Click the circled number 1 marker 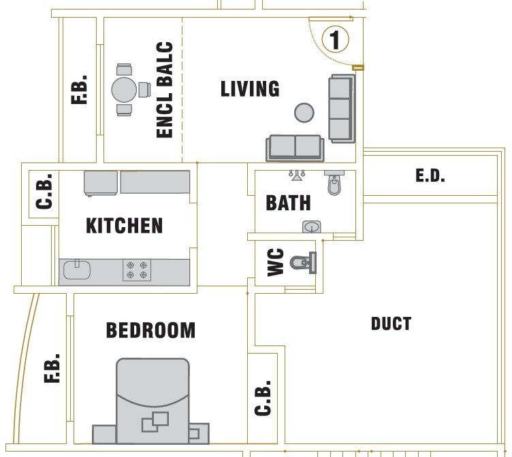coord(334,39)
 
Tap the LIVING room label coord(250,89)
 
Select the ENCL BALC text coord(165,90)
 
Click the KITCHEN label coord(125,225)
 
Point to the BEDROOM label coord(150,331)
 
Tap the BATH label coord(288,203)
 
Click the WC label coord(276,263)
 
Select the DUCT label coord(391,324)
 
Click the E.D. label coord(430,176)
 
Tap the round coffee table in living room coord(304,113)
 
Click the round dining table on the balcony coord(125,89)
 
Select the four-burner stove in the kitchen coord(136,270)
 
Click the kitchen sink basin coord(76,271)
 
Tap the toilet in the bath coord(334,183)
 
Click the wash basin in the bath coord(311,226)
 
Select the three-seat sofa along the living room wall coord(341,108)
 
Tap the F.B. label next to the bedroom coord(52,368)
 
